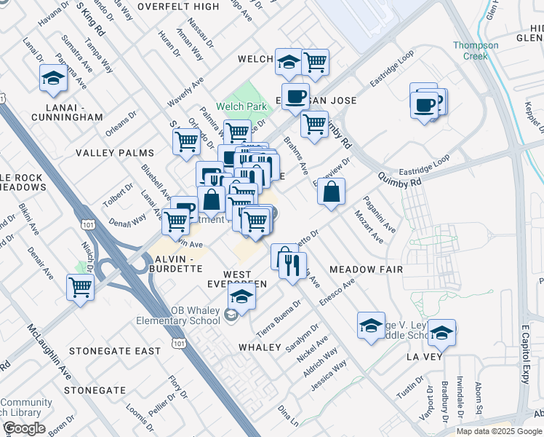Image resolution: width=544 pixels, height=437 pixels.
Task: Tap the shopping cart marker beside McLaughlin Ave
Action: tap(80, 287)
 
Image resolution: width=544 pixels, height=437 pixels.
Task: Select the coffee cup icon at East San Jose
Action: tap(295, 98)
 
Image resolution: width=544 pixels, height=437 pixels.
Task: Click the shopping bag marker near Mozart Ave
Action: tap(331, 192)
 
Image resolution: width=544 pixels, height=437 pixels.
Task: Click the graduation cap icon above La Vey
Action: tap(441, 333)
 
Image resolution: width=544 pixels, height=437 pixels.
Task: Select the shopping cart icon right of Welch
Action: tap(315, 63)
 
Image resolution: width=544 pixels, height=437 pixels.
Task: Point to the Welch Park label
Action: tap(241, 107)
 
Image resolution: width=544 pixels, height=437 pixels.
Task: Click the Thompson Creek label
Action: tap(476, 50)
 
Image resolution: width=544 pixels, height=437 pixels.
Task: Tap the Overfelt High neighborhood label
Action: tap(177, 7)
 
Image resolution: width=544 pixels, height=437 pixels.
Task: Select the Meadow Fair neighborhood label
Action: tap(366, 269)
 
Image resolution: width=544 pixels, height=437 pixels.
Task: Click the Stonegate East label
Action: tap(115, 351)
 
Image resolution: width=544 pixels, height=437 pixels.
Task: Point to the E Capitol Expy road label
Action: tap(525, 364)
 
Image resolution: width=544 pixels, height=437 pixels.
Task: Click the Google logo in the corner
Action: tap(24, 428)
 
